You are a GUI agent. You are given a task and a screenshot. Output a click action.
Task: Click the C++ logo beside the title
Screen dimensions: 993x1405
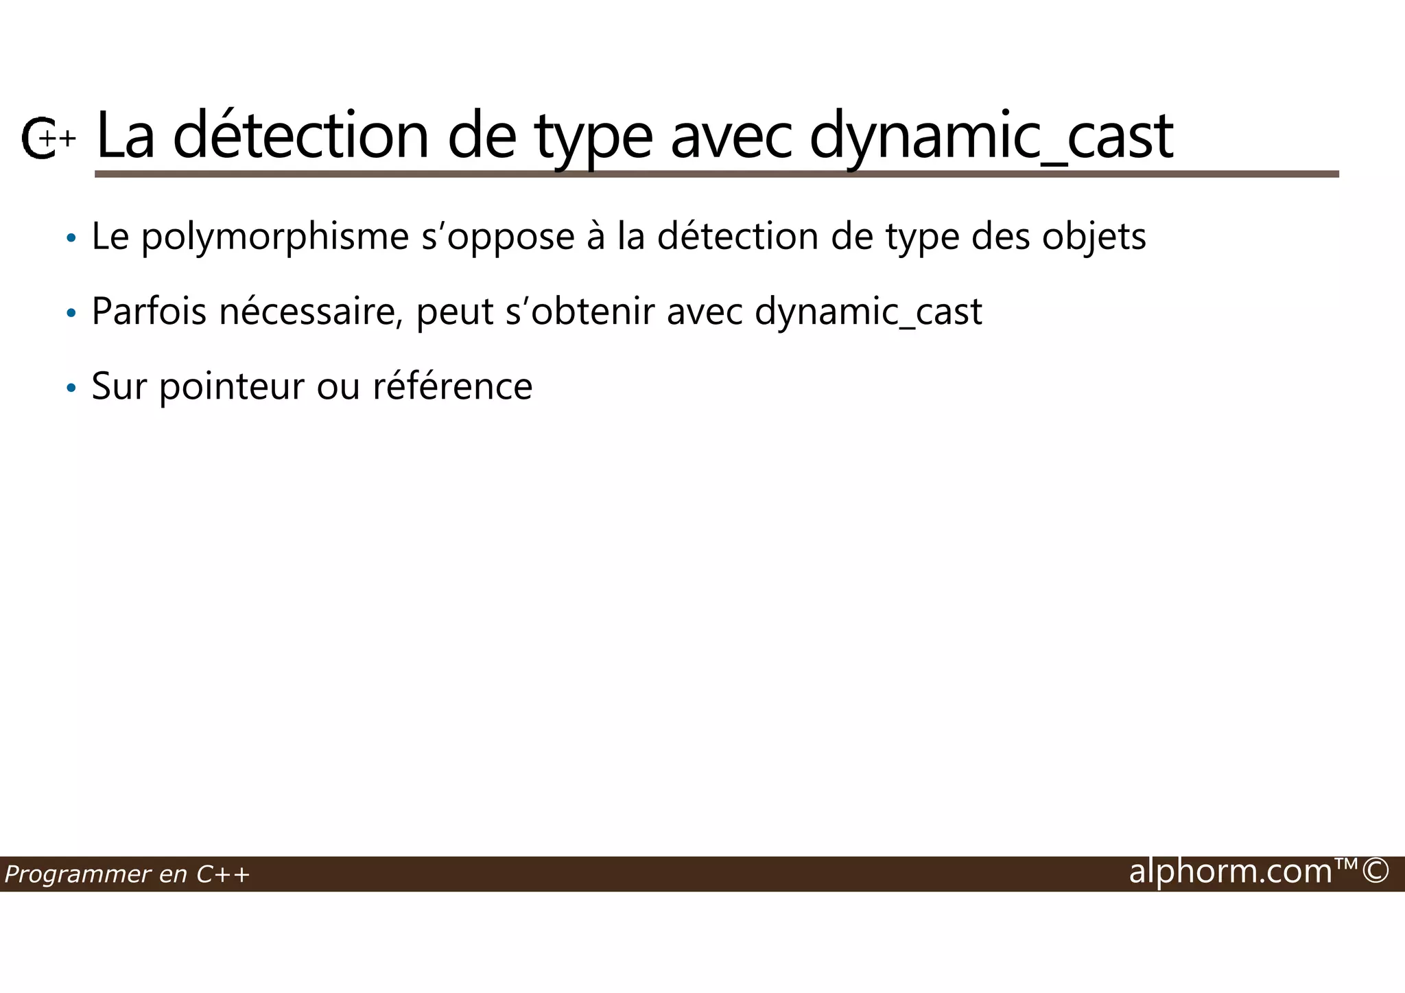pyautogui.click(x=47, y=138)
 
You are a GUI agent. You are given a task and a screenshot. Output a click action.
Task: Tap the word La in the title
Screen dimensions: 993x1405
pyautogui.click(x=126, y=136)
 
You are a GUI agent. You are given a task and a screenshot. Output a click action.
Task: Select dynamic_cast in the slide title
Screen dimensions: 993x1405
pyautogui.click(x=991, y=137)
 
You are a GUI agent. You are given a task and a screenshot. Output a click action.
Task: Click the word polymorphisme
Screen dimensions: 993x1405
pyautogui.click(x=275, y=237)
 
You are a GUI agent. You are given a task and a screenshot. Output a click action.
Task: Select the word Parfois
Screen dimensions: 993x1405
pyautogui.click(x=149, y=312)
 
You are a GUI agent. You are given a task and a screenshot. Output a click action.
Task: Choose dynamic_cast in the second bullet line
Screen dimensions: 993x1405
pyautogui.click(x=868, y=313)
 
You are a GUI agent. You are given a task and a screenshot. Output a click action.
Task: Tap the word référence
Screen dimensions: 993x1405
pyautogui.click(x=452, y=386)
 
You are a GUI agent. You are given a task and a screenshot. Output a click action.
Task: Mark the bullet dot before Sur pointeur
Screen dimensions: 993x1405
pyautogui.click(x=71, y=388)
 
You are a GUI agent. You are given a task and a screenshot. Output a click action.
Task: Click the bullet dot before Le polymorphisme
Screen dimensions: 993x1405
pyautogui.click(x=71, y=239)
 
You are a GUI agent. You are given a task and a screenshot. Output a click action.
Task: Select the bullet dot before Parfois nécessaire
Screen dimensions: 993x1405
pyautogui.click(x=71, y=314)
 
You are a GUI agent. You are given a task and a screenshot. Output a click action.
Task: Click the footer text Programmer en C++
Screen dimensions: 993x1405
pyautogui.click(x=127, y=874)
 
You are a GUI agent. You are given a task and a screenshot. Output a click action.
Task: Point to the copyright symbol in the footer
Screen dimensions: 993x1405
pyautogui.click(x=1376, y=872)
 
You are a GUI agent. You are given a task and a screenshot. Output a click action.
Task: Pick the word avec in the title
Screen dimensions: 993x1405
pyautogui.click(x=731, y=137)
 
